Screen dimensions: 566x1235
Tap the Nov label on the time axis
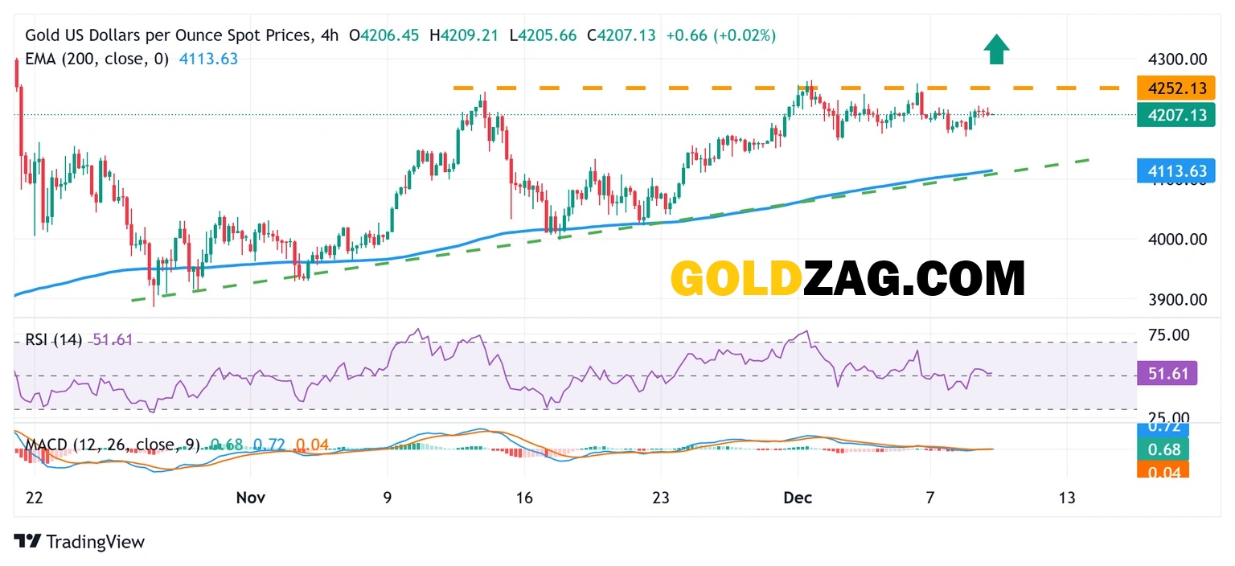click(250, 498)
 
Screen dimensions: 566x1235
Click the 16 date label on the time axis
click(523, 498)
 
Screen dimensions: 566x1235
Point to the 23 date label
click(661, 498)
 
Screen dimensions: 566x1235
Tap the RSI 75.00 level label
click(1168, 335)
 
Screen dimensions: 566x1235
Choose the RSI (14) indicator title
click(53, 340)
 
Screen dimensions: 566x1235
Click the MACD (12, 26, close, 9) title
click(113, 445)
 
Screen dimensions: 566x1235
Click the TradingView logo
click(80, 542)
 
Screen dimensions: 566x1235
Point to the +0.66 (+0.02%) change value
click(720, 35)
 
